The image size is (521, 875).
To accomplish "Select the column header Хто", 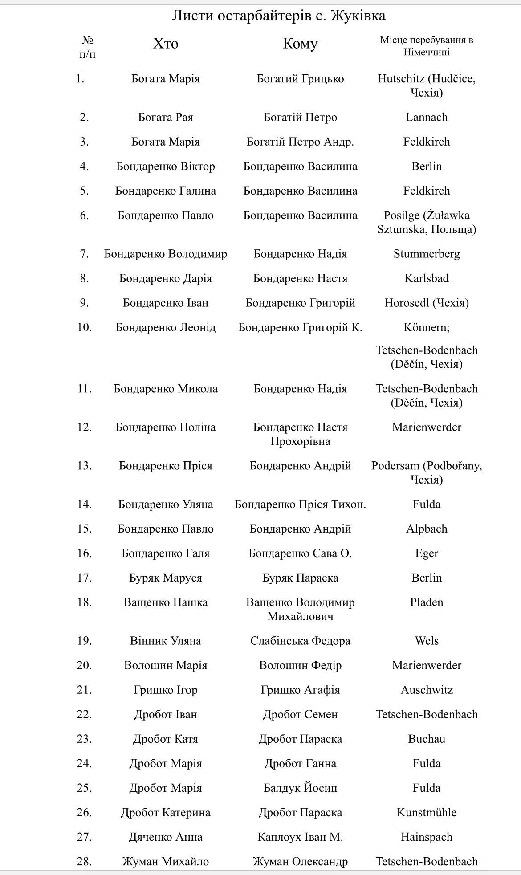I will click(x=166, y=44).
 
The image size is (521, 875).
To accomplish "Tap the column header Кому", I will click(x=300, y=44).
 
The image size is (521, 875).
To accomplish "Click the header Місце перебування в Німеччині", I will click(x=426, y=46).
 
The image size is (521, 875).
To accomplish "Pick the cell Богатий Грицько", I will click(x=300, y=79).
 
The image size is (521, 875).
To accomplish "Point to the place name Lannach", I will click(x=426, y=118).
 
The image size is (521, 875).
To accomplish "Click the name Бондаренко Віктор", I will click(x=166, y=167).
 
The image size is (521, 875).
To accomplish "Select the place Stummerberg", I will click(x=426, y=254).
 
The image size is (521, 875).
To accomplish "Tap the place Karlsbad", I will click(x=426, y=279).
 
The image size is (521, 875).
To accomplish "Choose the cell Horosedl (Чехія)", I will click(x=426, y=303).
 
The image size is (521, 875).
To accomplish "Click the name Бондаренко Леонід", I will click(x=166, y=328).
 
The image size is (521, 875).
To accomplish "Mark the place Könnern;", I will click(x=426, y=328).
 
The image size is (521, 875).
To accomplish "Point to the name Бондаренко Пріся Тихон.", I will click(x=300, y=505).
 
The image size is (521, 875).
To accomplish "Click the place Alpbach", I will click(x=426, y=529).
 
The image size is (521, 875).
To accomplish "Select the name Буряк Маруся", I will click(x=166, y=578).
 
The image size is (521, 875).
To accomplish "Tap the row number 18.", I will click(x=84, y=602).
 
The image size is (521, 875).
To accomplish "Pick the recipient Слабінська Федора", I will click(x=300, y=641).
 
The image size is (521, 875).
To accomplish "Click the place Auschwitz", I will click(x=426, y=690).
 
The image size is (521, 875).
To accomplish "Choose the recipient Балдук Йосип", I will click(x=300, y=788).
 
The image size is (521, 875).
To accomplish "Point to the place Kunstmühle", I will click(x=426, y=813).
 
